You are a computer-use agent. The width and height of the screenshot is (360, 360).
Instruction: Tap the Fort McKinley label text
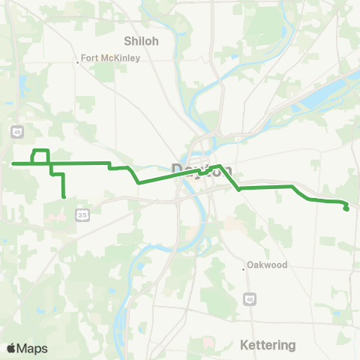(x=106, y=57)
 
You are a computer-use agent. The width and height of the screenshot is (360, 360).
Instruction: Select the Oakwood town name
(x=269, y=265)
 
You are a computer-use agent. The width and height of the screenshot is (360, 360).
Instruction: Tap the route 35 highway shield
(x=82, y=215)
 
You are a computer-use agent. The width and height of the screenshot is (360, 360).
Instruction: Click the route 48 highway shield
(x=249, y=299)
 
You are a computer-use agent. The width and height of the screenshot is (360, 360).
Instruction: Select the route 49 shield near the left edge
(x=16, y=131)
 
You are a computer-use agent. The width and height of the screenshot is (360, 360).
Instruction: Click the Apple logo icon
(x=11, y=348)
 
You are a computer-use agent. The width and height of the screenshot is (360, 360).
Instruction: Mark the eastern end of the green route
(x=346, y=208)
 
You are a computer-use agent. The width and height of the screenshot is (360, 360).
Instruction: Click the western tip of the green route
(x=13, y=163)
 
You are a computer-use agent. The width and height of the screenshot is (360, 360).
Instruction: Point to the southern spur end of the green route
(x=64, y=196)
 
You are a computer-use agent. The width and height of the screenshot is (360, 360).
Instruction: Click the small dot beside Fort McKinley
(x=78, y=62)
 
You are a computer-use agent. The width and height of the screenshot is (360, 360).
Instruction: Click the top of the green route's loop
(x=40, y=151)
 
